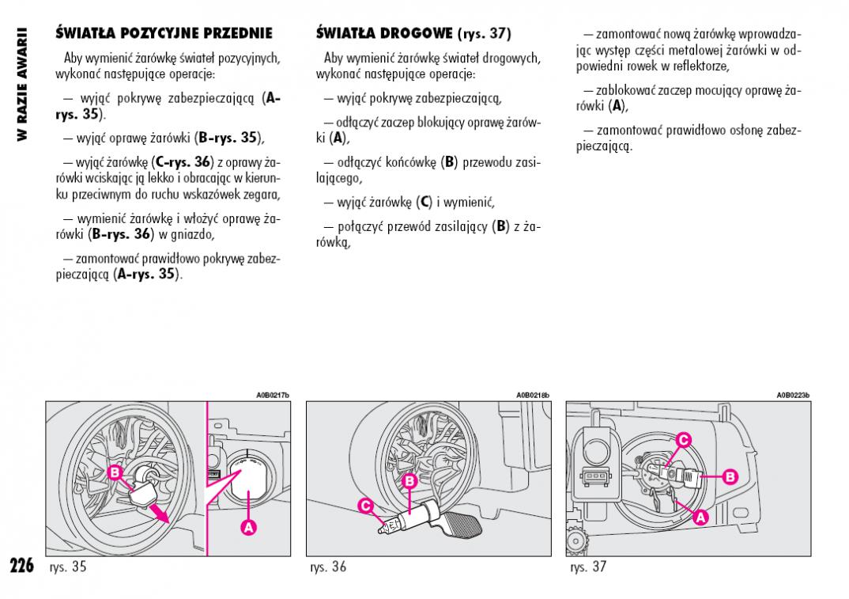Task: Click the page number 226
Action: coord(21,565)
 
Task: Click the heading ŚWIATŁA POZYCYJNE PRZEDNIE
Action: coord(164,33)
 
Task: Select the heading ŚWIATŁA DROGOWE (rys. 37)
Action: coord(413,33)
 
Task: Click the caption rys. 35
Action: coord(67,567)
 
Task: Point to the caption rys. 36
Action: coord(328,567)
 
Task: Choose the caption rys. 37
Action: coord(587,567)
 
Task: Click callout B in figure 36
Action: coord(409,481)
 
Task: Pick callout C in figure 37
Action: coord(684,439)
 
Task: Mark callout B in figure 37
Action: coord(730,476)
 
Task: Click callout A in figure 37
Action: coord(700,517)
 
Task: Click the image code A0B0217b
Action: coord(273,395)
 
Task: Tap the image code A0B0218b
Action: coord(532,395)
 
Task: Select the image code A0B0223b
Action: coord(792,395)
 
